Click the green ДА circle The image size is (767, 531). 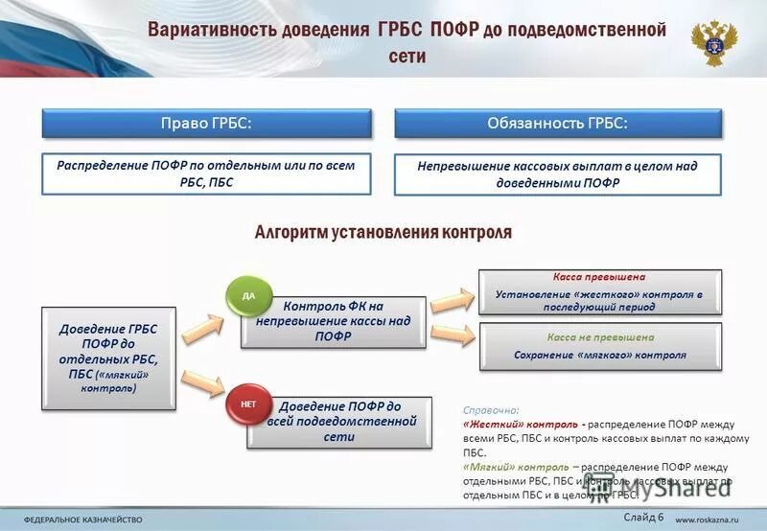click(248, 296)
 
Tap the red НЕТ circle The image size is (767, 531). click(247, 404)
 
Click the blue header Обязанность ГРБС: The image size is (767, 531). click(557, 124)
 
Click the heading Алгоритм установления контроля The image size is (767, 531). click(383, 232)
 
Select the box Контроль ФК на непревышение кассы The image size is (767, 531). click(335, 321)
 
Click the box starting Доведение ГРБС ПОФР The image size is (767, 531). click(108, 358)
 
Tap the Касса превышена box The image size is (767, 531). click(599, 292)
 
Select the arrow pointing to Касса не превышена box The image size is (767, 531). click(453, 335)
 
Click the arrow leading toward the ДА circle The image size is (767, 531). click(202, 329)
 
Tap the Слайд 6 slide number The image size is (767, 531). click(642, 518)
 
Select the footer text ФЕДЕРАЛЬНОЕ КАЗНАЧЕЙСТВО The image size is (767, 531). click(83, 519)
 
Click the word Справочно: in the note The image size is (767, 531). click(490, 409)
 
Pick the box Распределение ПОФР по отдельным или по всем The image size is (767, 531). click(205, 173)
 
